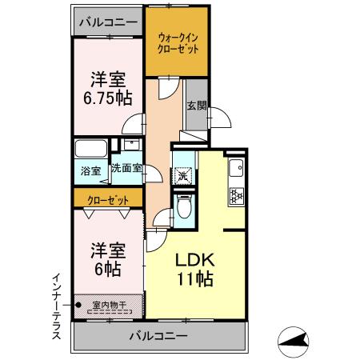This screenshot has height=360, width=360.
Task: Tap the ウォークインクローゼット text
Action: (x=178, y=41)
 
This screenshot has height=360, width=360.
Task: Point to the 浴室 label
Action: (x=90, y=170)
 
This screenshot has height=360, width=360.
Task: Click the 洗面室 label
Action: (x=126, y=169)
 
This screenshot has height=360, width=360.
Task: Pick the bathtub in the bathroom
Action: (x=90, y=150)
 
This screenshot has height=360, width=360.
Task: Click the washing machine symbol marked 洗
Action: (x=183, y=173)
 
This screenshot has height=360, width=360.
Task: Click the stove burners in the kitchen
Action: (x=237, y=194)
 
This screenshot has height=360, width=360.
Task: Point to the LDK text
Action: (x=194, y=261)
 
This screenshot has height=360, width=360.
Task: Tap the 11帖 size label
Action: (x=194, y=280)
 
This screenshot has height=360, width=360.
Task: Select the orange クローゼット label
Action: (x=107, y=197)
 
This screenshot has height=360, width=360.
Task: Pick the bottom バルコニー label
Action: (x=158, y=337)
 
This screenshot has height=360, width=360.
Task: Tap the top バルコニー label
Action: (x=108, y=21)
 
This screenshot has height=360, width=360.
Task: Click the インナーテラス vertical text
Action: (x=56, y=306)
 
